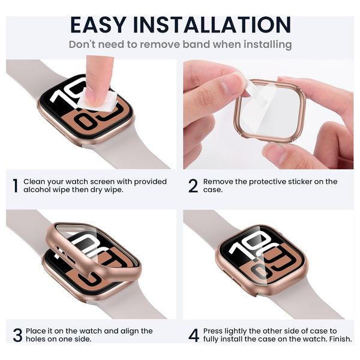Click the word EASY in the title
click(x=98, y=25)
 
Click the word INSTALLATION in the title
click(x=212, y=25)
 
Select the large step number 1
click(x=15, y=186)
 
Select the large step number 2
click(x=193, y=186)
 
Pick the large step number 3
click(x=17, y=335)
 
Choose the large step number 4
click(x=194, y=335)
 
